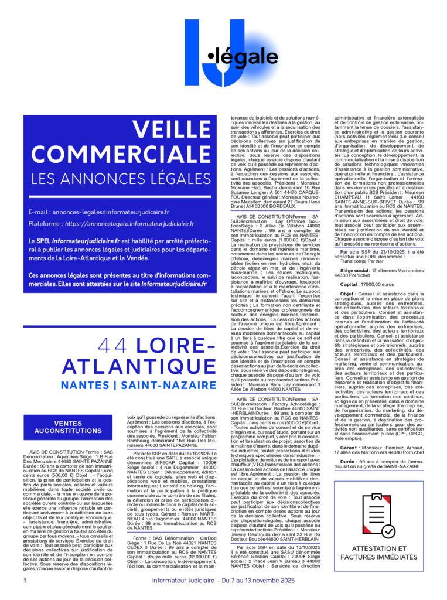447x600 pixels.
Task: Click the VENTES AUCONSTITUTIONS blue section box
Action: (68, 427)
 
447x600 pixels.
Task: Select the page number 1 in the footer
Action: (25, 581)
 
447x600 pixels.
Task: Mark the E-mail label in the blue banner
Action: (39, 212)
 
